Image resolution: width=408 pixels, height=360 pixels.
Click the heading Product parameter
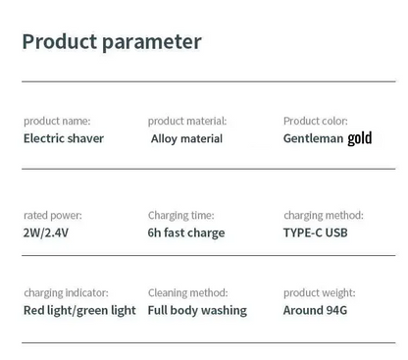point(112,42)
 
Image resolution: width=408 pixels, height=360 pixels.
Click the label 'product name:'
point(57,121)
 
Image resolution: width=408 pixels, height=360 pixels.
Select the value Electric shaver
point(64,138)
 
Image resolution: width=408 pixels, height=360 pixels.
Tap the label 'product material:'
point(187,121)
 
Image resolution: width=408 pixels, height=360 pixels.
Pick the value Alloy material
point(187,138)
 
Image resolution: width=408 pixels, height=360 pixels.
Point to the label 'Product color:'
point(316,121)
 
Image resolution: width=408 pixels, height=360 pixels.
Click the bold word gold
point(359,138)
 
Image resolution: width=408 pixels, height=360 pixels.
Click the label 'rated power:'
point(53,215)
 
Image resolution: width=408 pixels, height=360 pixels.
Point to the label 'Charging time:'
point(183,215)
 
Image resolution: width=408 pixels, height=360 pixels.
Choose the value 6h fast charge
point(186,232)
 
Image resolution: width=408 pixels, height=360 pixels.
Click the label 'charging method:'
point(324,215)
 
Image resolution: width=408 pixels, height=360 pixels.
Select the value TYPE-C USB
point(315,232)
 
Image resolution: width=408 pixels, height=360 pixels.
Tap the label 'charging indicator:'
point(66,292)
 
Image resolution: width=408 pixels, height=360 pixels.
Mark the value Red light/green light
point(79,310)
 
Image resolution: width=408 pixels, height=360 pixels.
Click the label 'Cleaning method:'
point(188,292)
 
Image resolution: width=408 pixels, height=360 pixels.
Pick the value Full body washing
point(197,310)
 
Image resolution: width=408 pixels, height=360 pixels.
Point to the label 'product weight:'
point(320,292)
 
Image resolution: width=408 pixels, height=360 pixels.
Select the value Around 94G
point(316,310)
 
